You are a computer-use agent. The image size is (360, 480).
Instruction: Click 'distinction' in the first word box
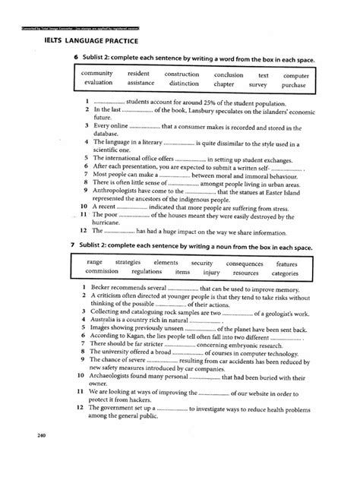[x=183, y=84]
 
